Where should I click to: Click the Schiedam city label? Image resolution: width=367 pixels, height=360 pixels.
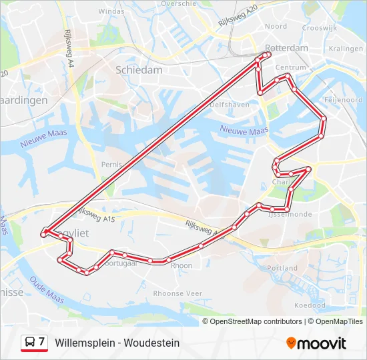pyautogui.click(x=139, y=69)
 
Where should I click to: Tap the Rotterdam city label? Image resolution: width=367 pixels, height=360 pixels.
pyautogui.click(x=288, y=48)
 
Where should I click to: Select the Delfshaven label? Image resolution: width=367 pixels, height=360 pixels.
pyautogui.click(x=229, y=105)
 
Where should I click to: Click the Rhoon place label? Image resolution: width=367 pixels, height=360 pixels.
pyautogui.click(x=181, y=265)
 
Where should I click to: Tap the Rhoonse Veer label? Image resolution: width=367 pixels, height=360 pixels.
pyautogui.click(x=177, y=293)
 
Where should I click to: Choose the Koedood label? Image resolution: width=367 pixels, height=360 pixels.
pyautogui.click(x=310, y=305)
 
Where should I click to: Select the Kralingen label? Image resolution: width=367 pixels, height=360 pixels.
pyautogui.click(x=346, y=49)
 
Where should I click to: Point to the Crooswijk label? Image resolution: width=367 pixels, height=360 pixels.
pyautogui.click(x=320, y=28)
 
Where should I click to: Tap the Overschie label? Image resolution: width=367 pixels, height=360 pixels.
pyautogui.click(x=178, y=3)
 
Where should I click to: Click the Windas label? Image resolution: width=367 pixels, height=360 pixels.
pyautogui.click(x=111, y=11)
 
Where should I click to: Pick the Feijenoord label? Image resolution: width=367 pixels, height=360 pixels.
pyautogui.click(x=343, y=99)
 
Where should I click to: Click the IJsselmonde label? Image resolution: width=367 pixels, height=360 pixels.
pyautogui.click(x=290, y=214)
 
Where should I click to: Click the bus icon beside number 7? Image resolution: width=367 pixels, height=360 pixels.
pyautogui.click(x=29, y=343)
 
